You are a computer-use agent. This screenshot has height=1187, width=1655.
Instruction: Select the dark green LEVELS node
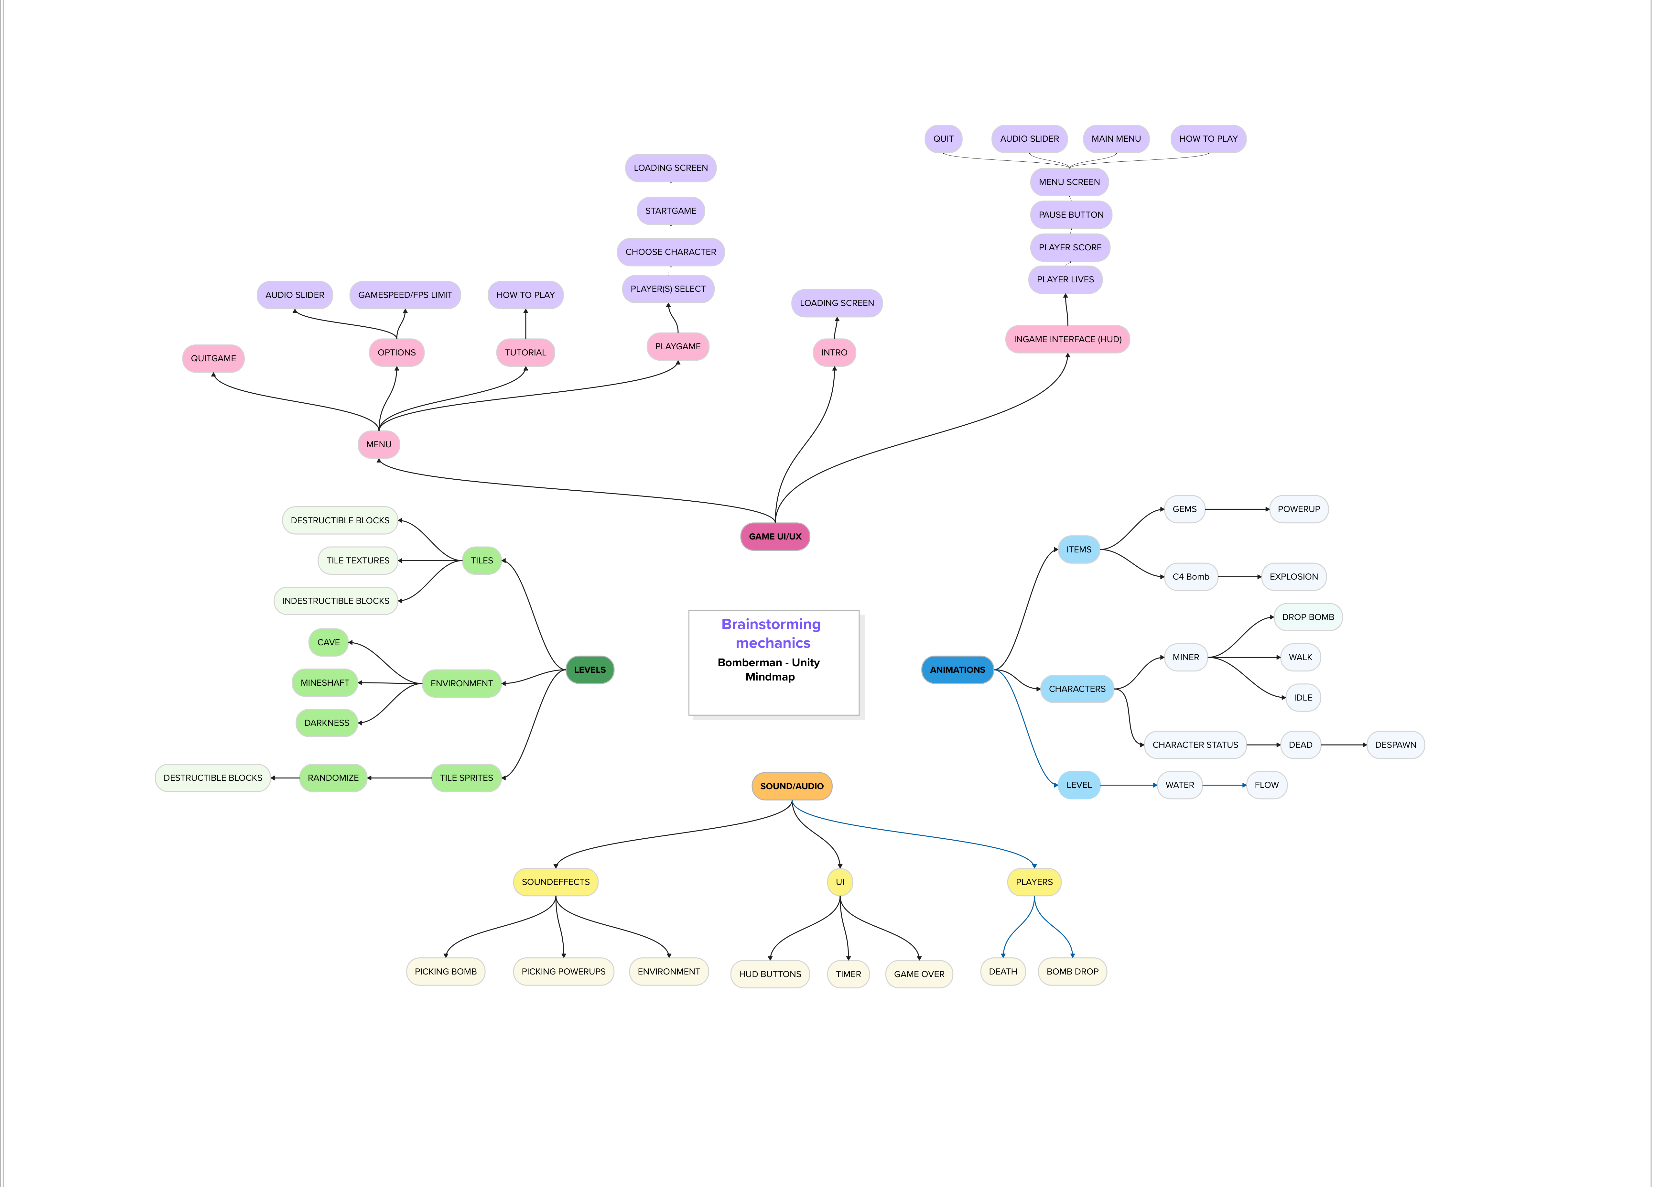(590, 670)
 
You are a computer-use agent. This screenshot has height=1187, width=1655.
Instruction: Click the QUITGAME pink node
(213, 358)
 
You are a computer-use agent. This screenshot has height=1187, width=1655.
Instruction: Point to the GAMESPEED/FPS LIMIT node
(405, 295)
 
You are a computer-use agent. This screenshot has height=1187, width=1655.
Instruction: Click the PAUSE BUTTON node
(1070, 215)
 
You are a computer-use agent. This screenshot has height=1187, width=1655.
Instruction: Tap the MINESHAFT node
(325, 682)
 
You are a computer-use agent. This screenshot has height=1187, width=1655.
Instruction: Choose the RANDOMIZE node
(333, 778)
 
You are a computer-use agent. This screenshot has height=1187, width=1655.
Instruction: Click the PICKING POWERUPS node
(563, 972)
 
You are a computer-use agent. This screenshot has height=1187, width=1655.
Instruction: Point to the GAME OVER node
(919, 974)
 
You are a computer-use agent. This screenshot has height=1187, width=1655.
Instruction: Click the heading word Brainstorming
(771, 624)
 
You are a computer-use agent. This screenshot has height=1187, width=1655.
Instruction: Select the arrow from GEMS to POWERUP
(1237, 509)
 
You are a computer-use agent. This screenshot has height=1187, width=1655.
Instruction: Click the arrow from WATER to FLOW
(1224, 785)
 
